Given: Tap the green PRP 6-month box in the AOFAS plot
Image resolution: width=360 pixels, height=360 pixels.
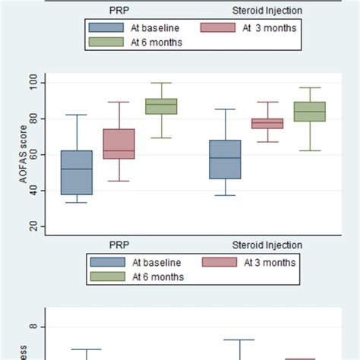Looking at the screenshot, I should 161,106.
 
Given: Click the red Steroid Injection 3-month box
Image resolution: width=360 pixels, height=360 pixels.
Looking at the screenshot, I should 267,123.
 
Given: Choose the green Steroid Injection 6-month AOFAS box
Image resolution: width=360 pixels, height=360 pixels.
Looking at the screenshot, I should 310,112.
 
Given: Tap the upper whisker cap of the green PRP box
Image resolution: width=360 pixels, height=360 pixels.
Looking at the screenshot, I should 161,83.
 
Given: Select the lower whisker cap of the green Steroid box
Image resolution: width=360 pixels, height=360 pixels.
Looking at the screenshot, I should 310,150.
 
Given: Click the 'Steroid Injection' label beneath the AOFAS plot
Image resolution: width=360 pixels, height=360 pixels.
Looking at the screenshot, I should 267,245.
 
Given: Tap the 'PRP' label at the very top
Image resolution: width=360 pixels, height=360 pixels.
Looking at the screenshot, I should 118,11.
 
